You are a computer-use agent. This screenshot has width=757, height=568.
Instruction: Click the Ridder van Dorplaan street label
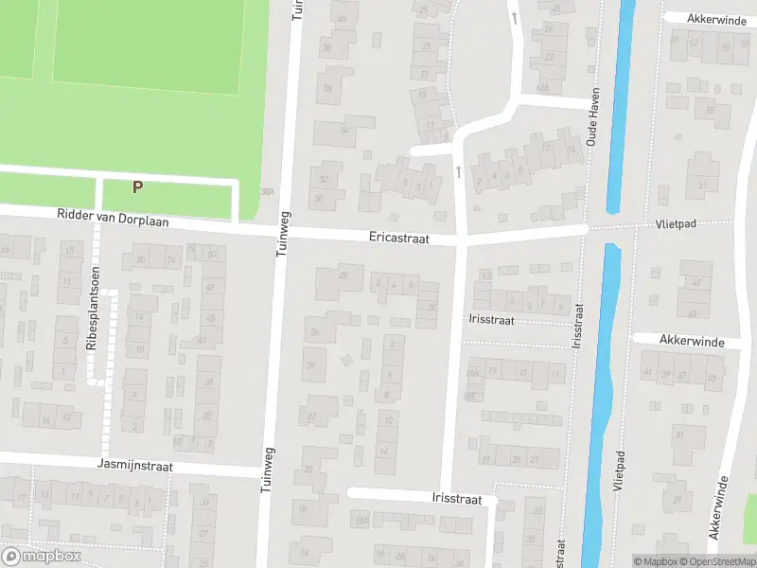[x=112, y=220]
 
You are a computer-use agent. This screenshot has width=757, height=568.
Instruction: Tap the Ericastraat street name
[x=399, y=240]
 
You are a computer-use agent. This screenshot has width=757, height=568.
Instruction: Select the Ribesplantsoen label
[x=93, y=309]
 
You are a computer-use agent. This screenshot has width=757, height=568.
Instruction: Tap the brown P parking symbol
[x=138, y=187]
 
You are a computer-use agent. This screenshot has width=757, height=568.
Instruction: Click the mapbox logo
[x=42, y=557]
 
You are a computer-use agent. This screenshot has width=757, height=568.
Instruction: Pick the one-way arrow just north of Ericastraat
[x=459, y=171]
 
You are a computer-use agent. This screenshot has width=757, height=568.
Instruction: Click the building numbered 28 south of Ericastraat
[x=344, y=275]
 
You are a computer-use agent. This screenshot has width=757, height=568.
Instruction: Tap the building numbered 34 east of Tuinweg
[x=344, y=131]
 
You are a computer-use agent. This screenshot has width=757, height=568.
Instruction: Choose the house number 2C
[x=432, y=307]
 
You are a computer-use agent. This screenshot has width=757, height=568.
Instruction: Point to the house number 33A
[x=268, y=191]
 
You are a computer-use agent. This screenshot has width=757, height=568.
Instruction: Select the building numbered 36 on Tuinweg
[x=328, y=88]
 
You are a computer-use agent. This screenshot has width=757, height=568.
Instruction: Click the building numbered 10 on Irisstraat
[x=385, y=442]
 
